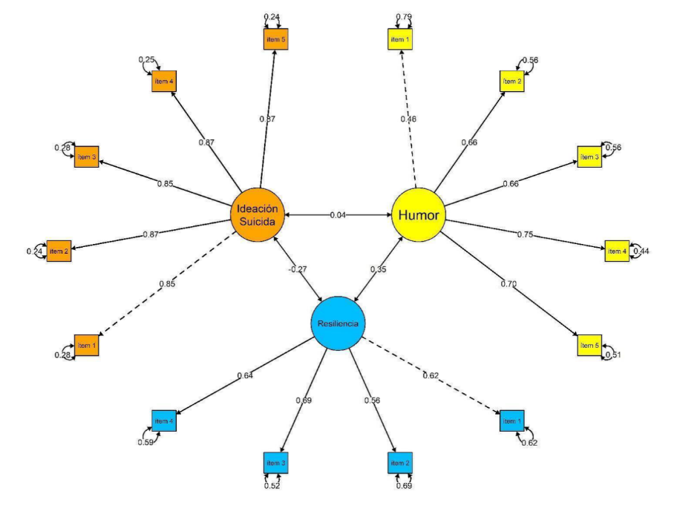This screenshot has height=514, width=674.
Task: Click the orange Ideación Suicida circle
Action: [x=256, y=215]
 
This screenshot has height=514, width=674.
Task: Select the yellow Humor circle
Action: [x=418, y=215]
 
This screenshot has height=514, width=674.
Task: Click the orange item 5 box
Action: [x=275, y=39]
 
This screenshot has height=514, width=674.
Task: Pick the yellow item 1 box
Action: [x=399, y=39]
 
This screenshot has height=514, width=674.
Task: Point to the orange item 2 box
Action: [x=59, y=251]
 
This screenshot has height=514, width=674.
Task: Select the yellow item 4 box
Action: [x=616, y=251]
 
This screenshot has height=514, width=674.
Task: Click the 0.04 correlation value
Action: [x=338, y=215]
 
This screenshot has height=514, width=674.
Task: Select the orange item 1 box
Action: [x=87, y=346]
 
